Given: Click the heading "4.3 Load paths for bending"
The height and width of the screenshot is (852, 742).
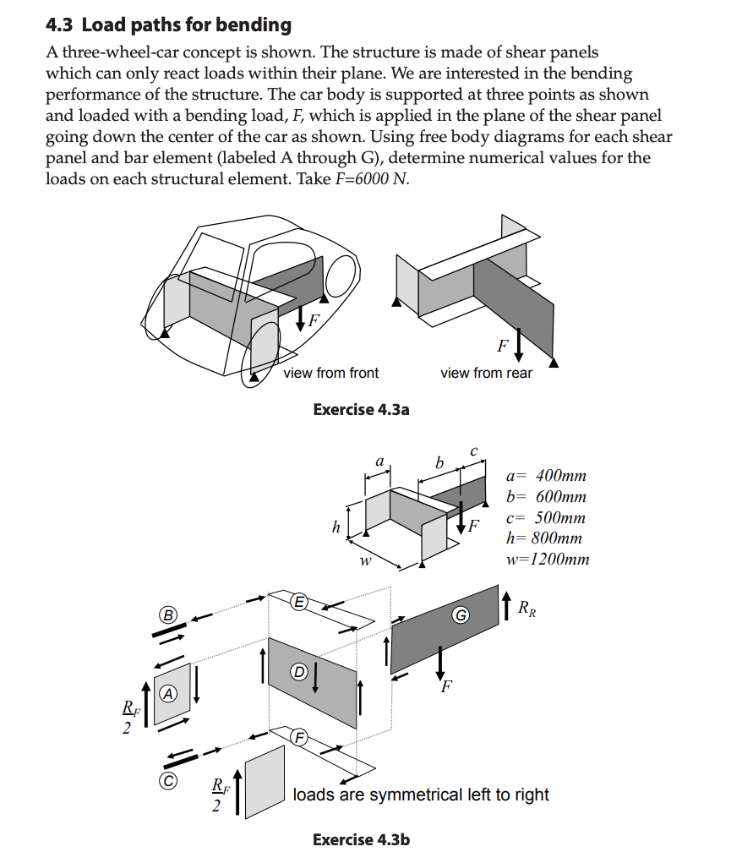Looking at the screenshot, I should (168, 25).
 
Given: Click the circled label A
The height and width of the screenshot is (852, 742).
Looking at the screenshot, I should (169, 693).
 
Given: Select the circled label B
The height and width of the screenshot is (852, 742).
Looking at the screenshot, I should (168, 615).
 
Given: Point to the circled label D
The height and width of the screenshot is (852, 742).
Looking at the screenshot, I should (298, 672).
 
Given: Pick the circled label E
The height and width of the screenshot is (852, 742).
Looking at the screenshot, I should (298, 602).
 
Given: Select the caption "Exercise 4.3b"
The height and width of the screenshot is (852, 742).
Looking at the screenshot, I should (361, 839).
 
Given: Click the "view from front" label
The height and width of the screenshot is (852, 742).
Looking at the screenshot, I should (330, 373).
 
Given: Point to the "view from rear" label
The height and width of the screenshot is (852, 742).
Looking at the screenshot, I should (486, 373).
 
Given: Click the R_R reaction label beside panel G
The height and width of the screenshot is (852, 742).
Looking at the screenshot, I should (526, 607).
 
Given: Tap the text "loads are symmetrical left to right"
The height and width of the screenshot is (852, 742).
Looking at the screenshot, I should (421, 795).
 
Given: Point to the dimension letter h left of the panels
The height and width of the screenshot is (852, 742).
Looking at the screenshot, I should (336, 528).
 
